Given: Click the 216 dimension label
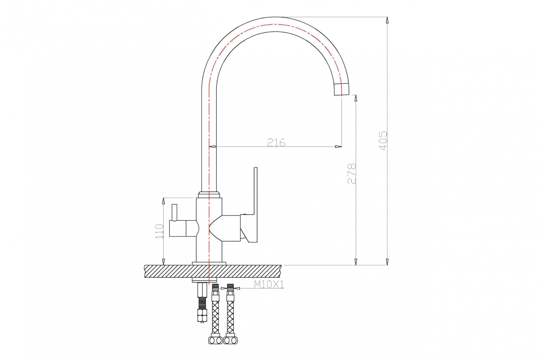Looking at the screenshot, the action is pyautogui.click(x=276, y=143).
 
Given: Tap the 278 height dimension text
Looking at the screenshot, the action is pyautogui.click(x=352, y=174).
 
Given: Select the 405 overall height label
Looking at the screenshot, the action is pyautogui.click(x=383, y=141).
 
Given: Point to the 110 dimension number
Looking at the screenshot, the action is pyautogui.click(x=159, y=231).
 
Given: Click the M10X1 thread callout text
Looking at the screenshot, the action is pyautogui.click(x=269, y=285).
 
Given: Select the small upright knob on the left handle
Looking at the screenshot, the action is pyautogui.click(x=174, y=212).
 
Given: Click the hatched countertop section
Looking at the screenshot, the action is pyautogui.click(x=213, y=271).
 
